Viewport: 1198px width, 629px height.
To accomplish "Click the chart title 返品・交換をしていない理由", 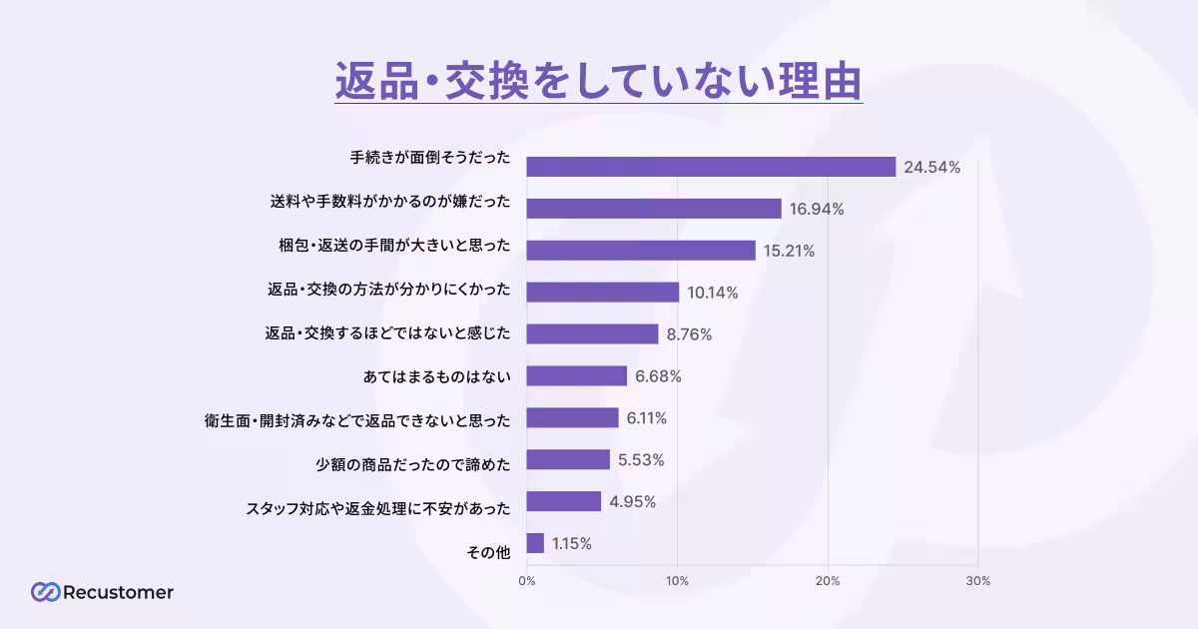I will (598, 80).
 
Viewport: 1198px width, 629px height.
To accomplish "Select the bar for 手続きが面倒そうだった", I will (711, 167).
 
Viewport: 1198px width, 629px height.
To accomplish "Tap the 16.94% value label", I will (817, 209).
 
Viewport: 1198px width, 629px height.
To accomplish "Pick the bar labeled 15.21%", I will (641, 251).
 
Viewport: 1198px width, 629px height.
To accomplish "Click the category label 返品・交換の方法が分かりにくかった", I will (388, 292).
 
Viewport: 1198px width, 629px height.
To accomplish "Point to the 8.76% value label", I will (689, 334).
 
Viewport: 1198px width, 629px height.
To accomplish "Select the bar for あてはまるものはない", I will (577, 376).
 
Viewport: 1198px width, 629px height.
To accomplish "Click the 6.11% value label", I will (647, 418).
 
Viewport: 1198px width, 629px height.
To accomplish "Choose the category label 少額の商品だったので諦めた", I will (412, 460).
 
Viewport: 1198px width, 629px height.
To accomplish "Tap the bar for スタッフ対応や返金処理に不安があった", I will (564, 501).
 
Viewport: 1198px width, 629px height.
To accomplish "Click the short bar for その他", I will (535, 543).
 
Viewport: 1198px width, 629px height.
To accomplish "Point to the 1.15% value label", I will (571, 544).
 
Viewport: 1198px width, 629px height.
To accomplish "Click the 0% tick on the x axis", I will (526, 581).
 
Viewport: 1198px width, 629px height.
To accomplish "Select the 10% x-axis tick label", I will (678, 581).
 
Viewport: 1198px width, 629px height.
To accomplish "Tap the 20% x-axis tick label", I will (828, 581).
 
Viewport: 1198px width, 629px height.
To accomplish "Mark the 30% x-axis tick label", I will (978, 581).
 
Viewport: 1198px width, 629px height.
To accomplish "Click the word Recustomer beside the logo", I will (118, 592).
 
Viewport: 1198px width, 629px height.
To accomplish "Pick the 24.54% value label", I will (931, 168).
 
